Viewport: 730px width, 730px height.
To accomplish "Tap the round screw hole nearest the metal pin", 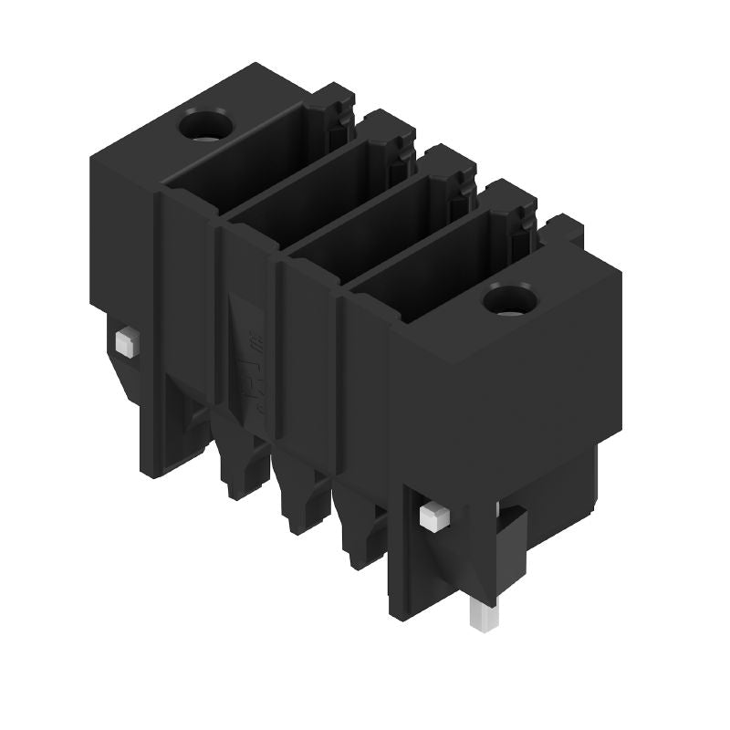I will coord(508,298).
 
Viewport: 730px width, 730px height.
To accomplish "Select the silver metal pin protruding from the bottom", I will coord(483,615).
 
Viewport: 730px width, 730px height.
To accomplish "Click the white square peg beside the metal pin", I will coord(433,518).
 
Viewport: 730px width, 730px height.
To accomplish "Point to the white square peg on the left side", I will coord(125,342).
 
